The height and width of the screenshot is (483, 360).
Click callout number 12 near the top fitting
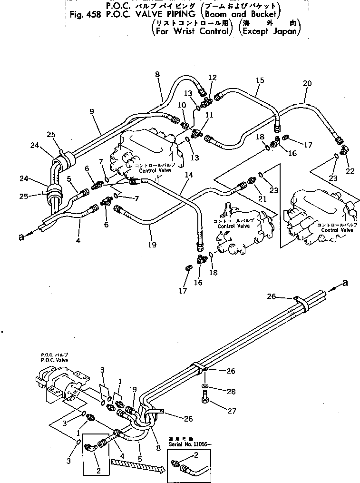(x=212, y=78)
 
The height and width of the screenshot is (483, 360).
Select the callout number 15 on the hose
(x=259, y=81)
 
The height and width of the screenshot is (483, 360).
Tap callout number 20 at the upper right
(x=307, y=83)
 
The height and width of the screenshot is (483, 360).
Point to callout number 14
(x=189, y=175)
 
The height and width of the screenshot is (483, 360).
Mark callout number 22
(x=350, y=171)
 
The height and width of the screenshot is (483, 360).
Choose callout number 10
(x=182, y=105)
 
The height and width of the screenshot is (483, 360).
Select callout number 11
(x=209, y=115)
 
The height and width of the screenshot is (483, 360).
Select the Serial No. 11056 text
(x=187, y=444)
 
